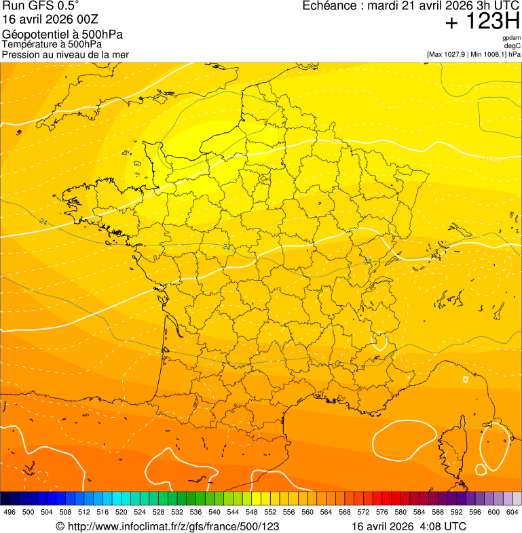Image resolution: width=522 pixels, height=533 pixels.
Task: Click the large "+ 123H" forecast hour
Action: pos(483,22)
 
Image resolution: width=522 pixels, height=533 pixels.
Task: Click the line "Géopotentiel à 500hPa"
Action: pos(62,35)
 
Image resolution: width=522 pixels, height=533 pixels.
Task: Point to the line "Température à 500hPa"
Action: pos(52,44)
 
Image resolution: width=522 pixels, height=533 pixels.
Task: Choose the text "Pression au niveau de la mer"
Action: pos(65,54)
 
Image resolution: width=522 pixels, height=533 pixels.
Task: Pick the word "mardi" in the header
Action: pos(383,6)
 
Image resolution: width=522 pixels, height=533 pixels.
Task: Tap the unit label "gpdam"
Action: pos(511,38)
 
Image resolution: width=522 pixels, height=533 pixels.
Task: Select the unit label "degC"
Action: pos(512,45)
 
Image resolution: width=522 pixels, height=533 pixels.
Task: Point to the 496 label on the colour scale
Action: pos(10,512)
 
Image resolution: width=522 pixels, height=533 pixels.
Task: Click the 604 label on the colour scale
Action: pos(512,512)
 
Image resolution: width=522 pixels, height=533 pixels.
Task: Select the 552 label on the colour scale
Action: pos(270,512)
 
